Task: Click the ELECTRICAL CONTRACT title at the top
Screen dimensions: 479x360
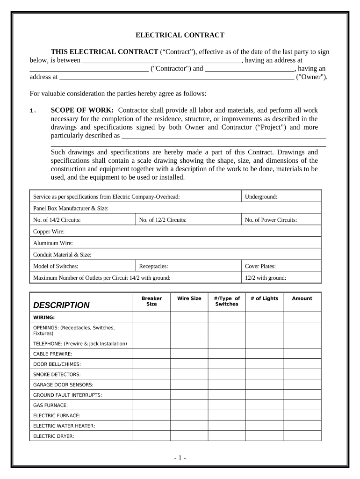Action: point(180,35)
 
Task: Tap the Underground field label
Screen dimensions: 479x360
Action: point(261,197)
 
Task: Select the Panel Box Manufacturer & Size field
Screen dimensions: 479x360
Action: point(71,208)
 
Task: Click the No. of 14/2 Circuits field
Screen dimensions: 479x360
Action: point(57,220)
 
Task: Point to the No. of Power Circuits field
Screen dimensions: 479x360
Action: point(271,220)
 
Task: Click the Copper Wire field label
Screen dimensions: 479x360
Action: point(49,232)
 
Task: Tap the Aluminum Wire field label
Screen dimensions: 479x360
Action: point(53,243)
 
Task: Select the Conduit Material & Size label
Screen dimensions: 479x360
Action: point(62,255)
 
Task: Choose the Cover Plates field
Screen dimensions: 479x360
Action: point(260,266)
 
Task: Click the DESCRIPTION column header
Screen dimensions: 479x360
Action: point(61,305)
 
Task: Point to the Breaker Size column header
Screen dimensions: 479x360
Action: point(151,301)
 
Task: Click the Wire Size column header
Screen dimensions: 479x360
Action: point(189,298)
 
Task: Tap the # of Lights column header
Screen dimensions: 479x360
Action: point(264,298)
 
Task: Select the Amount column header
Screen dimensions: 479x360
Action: point(302,298)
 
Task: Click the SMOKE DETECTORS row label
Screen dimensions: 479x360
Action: point(57,374)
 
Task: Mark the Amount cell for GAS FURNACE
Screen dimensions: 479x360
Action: point(302,405)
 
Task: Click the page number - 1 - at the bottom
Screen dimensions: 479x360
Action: point(180,458)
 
